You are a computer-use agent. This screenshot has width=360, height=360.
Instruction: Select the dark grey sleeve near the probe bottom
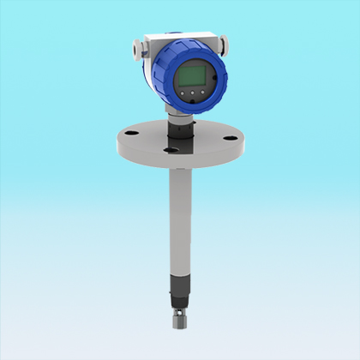click(180, 287)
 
